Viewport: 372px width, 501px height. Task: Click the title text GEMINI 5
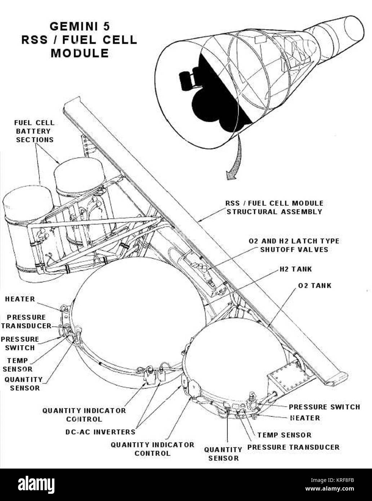[80, 26]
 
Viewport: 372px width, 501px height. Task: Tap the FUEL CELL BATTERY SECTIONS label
[35, 131]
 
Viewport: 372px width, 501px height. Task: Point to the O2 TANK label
[315, 285]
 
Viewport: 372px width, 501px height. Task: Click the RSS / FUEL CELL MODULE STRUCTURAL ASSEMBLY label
[274, 207]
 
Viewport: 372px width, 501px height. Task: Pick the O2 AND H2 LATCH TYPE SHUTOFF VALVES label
[294, 245]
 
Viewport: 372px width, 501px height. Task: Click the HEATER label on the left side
[20, 299]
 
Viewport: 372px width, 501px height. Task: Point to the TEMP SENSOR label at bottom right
[284, 435]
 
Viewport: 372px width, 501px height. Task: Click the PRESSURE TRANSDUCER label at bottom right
[293, 447]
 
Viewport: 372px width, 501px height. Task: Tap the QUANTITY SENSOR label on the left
[24, 384]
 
